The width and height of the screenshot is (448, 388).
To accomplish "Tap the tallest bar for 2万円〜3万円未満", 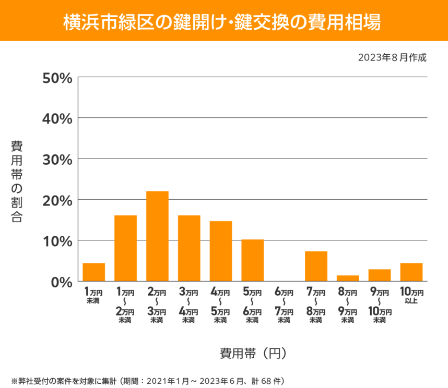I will coord(157,236).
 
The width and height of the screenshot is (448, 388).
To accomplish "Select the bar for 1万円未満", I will coord(94,272).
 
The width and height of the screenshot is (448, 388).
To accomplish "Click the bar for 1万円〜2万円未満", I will coord(125,248).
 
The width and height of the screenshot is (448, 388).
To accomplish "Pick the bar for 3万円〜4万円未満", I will coord(189,248).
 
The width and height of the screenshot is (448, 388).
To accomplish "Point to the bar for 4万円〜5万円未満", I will coord(221,251).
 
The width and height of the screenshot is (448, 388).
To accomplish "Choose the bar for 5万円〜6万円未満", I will coord(253,260).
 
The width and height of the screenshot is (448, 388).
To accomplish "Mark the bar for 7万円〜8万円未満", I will coord(316,266).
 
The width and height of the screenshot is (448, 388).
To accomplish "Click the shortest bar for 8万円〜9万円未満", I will coord(348,278).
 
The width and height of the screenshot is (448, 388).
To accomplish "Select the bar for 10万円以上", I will coord(411,272).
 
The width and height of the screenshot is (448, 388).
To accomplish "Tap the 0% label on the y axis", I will coord(61,282).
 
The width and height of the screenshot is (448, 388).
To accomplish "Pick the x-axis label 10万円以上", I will coord(411,296).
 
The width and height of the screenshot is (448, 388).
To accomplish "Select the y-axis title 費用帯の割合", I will coord(17,181).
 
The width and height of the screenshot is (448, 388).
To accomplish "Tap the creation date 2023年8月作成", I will coord(392,58).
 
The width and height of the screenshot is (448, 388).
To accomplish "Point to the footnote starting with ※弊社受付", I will coord(148,380).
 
